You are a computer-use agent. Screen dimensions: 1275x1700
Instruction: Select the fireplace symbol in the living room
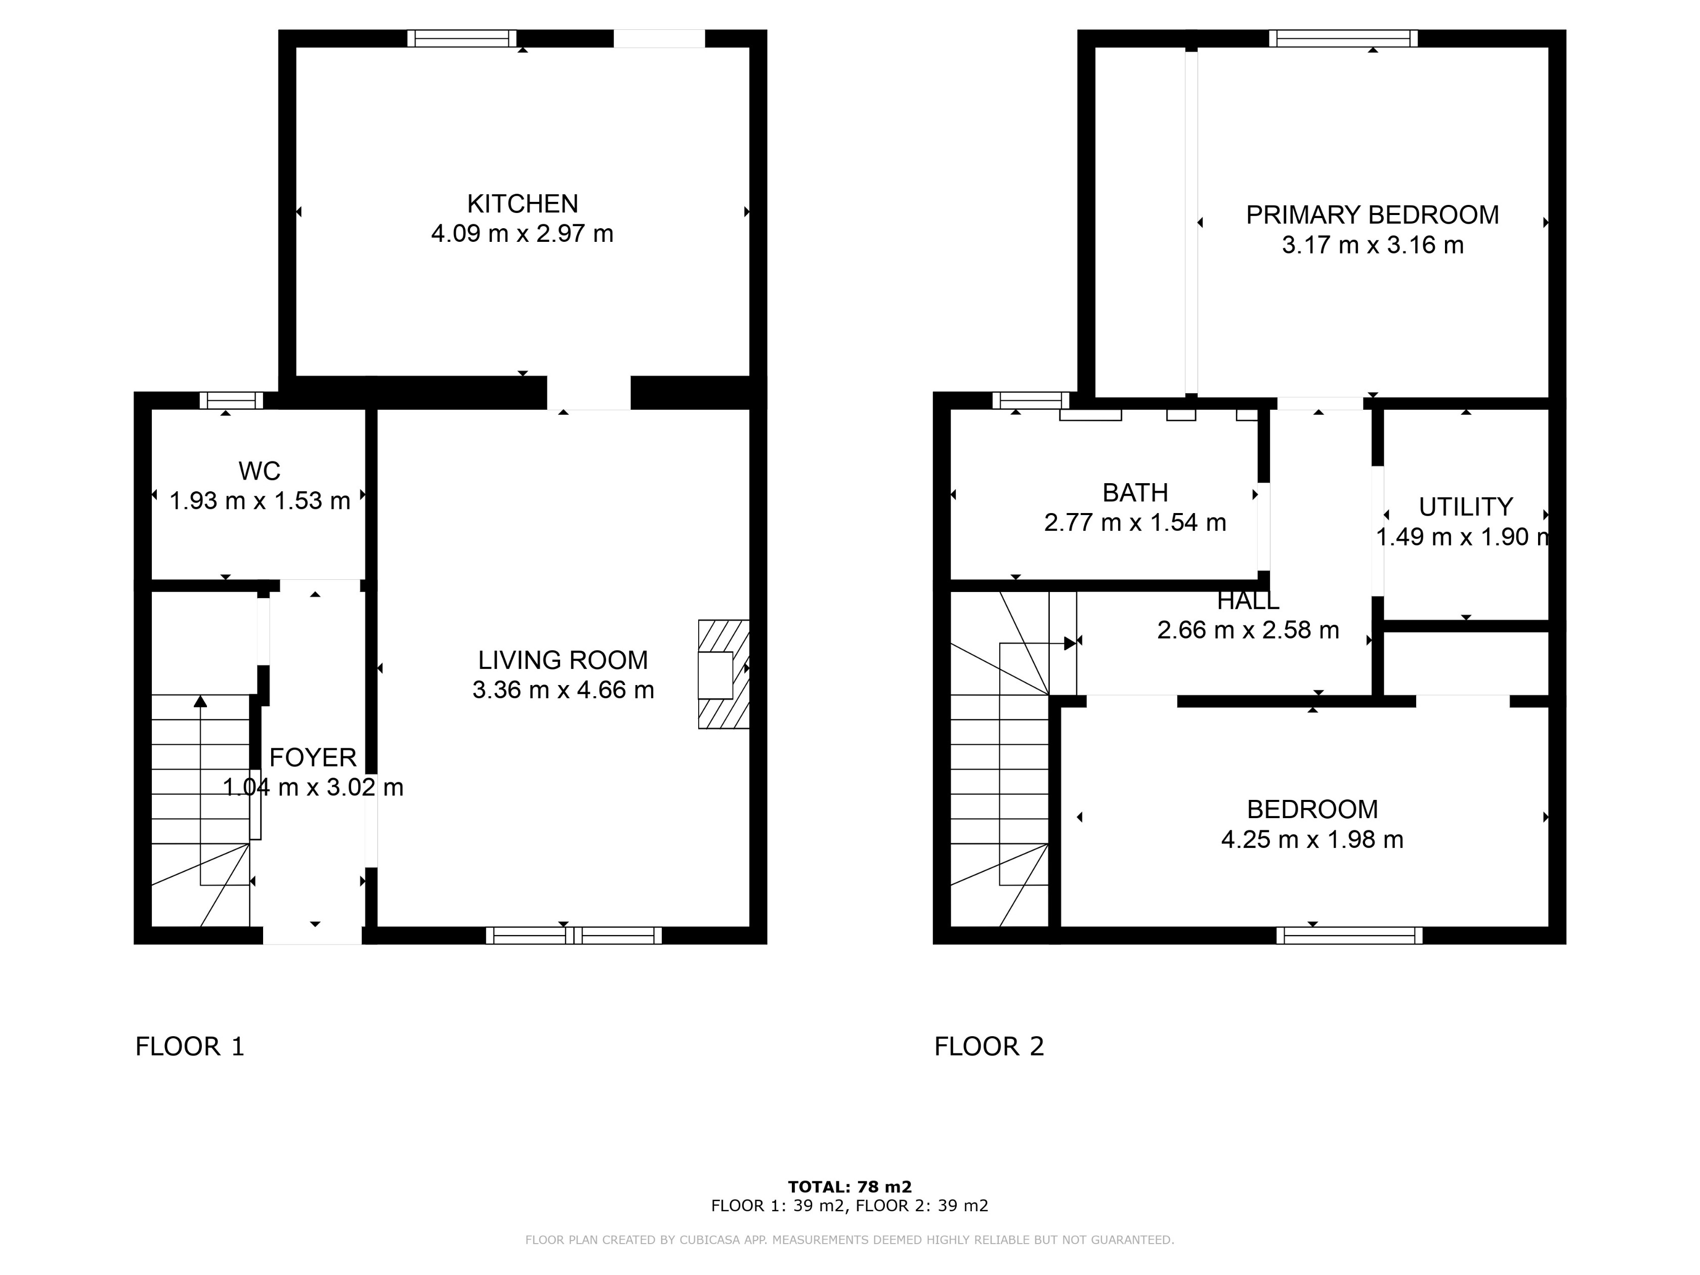[722, 674]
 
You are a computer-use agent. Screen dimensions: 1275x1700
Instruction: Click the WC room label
[259, 471]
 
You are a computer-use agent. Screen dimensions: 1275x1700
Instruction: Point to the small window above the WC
[231, 400]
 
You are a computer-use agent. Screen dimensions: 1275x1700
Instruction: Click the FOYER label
[313, 758]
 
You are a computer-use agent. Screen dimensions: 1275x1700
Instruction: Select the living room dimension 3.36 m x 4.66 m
[563, 690]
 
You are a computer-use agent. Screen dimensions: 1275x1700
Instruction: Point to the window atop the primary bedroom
[1343, 38]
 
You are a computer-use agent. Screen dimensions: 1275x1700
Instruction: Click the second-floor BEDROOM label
[1312, 809]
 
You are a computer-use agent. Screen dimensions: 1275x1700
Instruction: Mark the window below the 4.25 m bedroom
[1349, 936]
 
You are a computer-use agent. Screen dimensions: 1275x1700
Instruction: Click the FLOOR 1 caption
[190, 1047]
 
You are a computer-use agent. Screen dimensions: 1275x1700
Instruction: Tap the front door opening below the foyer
[312, 936]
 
